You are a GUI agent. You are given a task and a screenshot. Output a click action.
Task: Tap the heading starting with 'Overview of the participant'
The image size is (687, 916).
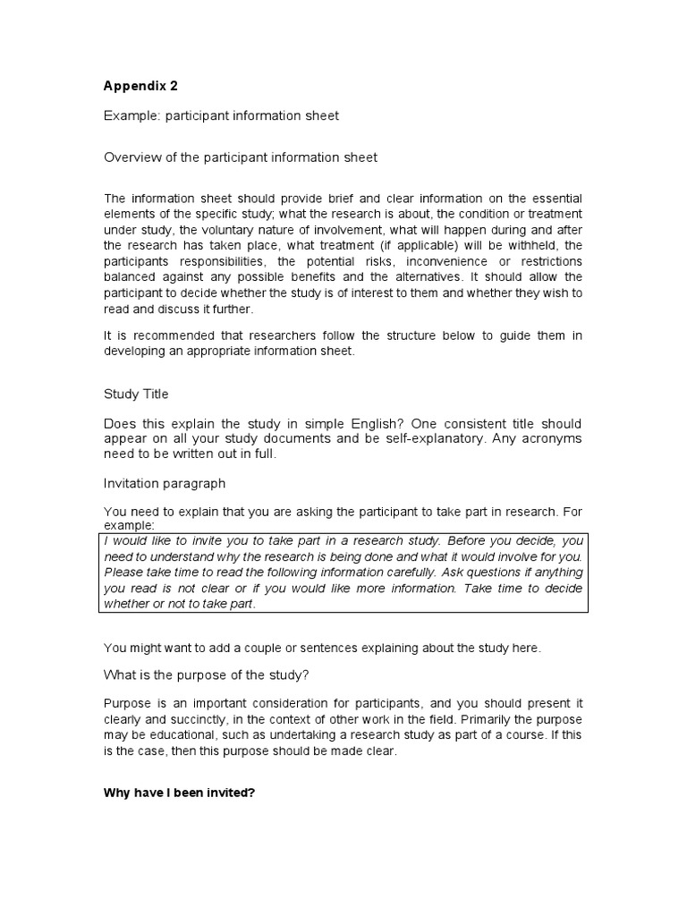[240, 157]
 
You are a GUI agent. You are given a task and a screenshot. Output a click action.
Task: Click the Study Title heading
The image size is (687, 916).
[136, 394]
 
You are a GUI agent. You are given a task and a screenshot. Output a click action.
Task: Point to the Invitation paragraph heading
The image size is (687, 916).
[165, 483]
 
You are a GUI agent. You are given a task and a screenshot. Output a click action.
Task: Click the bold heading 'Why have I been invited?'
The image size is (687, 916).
[180, 793]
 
